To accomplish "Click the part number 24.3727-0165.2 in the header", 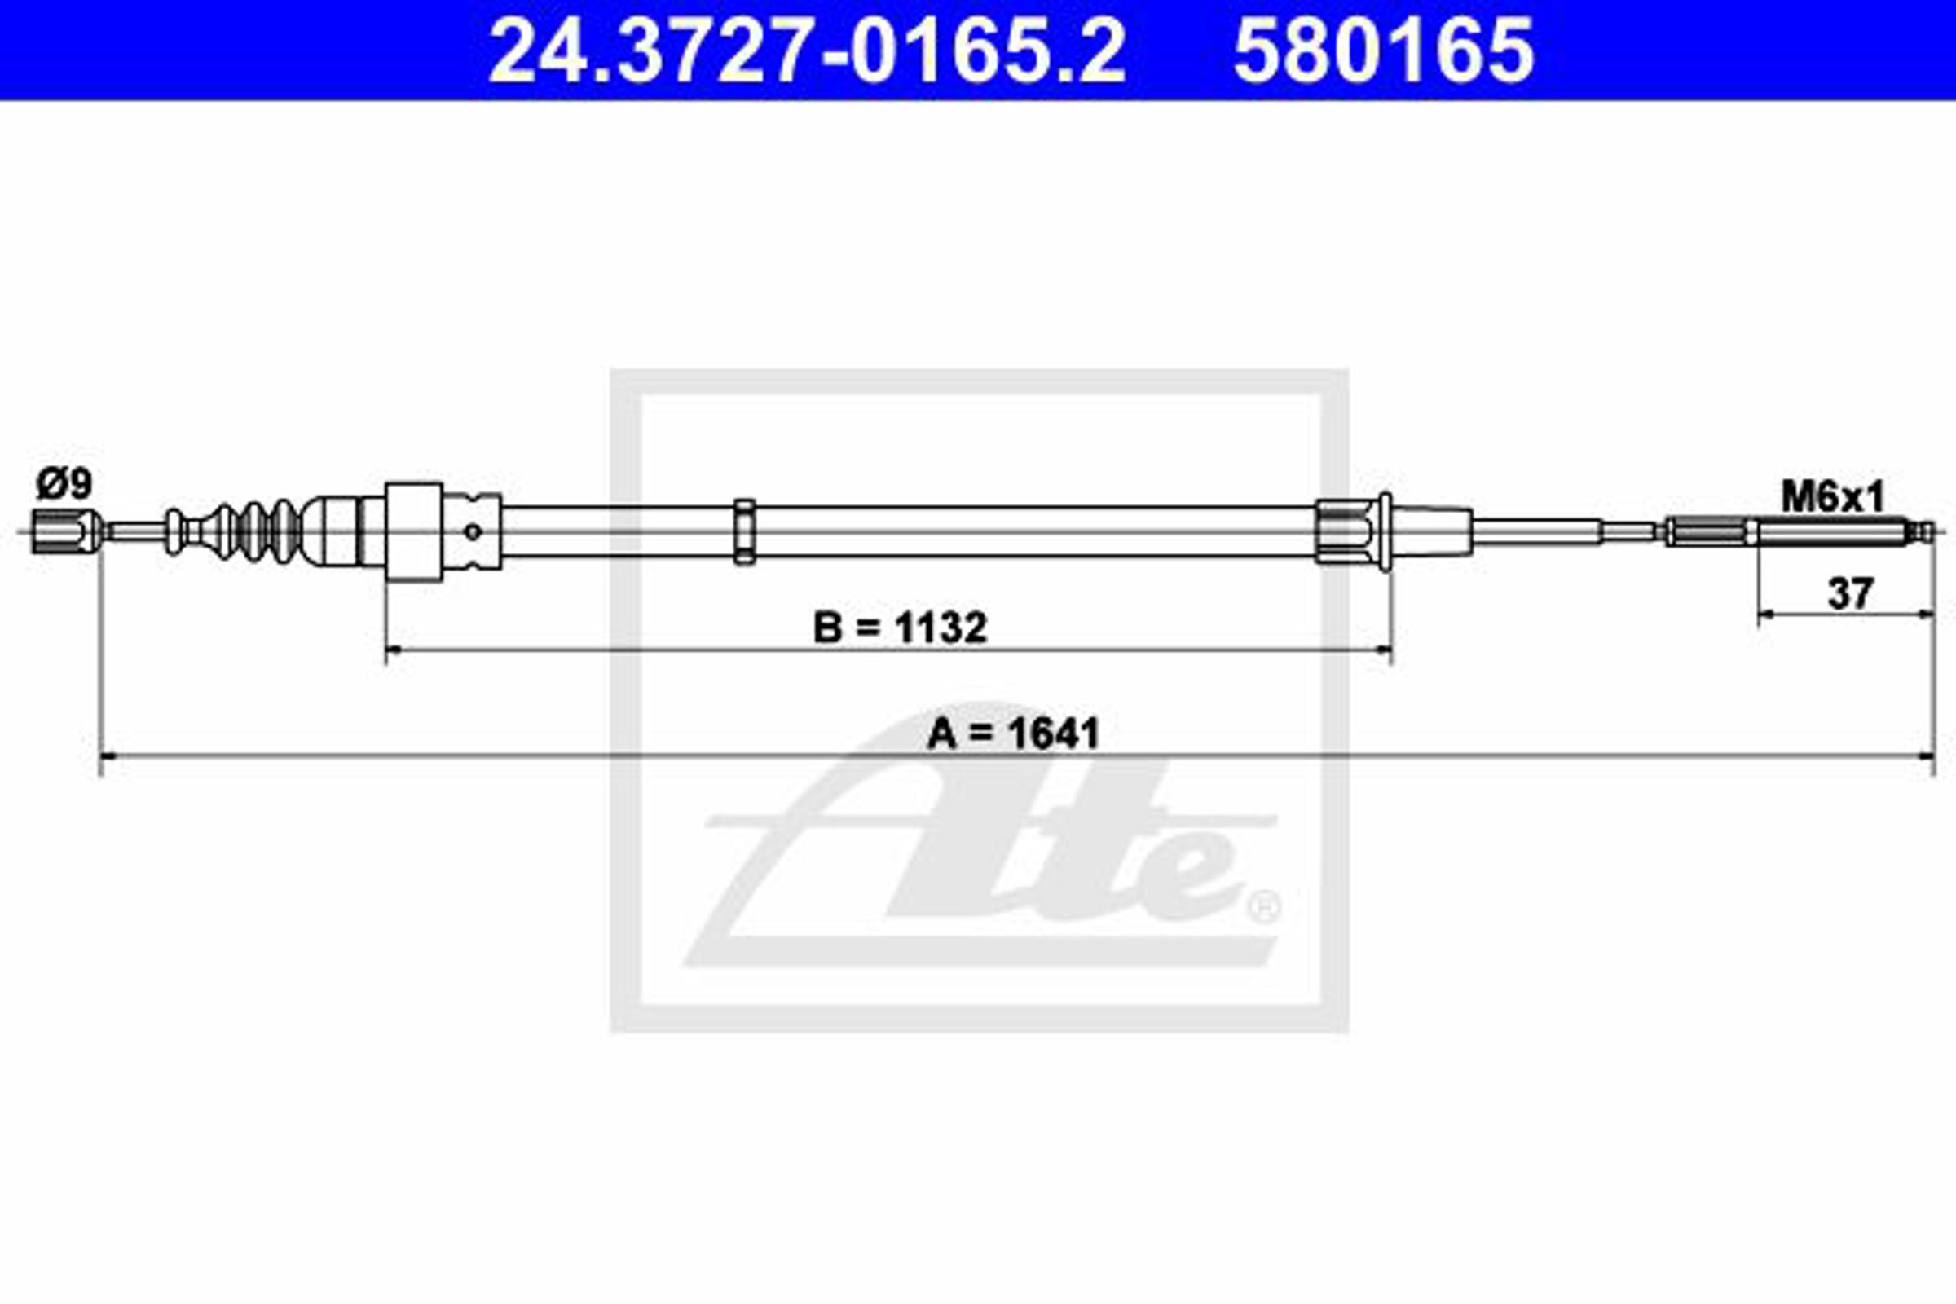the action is tap(807, 51).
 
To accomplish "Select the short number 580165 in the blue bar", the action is tap(1384, 51).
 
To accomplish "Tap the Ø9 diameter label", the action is tap(64, 484).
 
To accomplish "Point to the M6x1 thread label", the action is tap(1833, 498).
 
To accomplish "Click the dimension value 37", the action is tap(1849, 594).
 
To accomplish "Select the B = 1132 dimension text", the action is tap(900, 628).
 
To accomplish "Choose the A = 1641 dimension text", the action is tap(1014, 733).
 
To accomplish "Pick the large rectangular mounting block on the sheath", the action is tap(414, 532).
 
